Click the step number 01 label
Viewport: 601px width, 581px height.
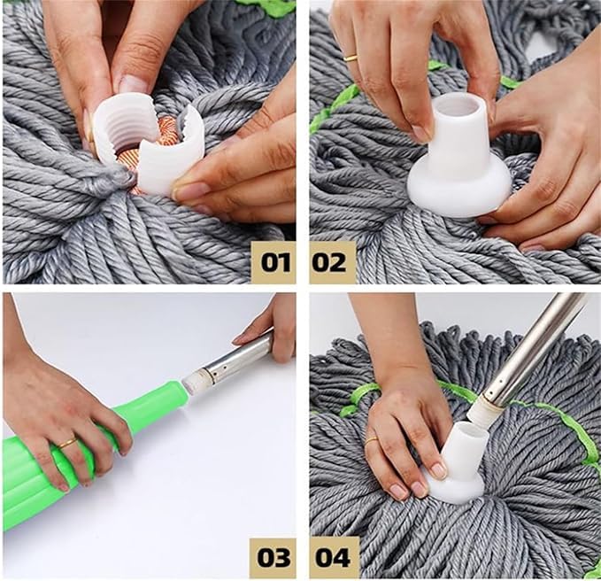[x=274, y=263]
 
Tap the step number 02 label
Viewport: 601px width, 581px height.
[x=333, y=263]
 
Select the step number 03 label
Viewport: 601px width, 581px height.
[x=274, y=557]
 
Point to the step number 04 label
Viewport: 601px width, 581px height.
[x=333, y=557]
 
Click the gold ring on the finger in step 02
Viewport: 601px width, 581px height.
[x=351, y=58]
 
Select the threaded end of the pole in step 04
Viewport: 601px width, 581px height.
[x=483, y=407]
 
